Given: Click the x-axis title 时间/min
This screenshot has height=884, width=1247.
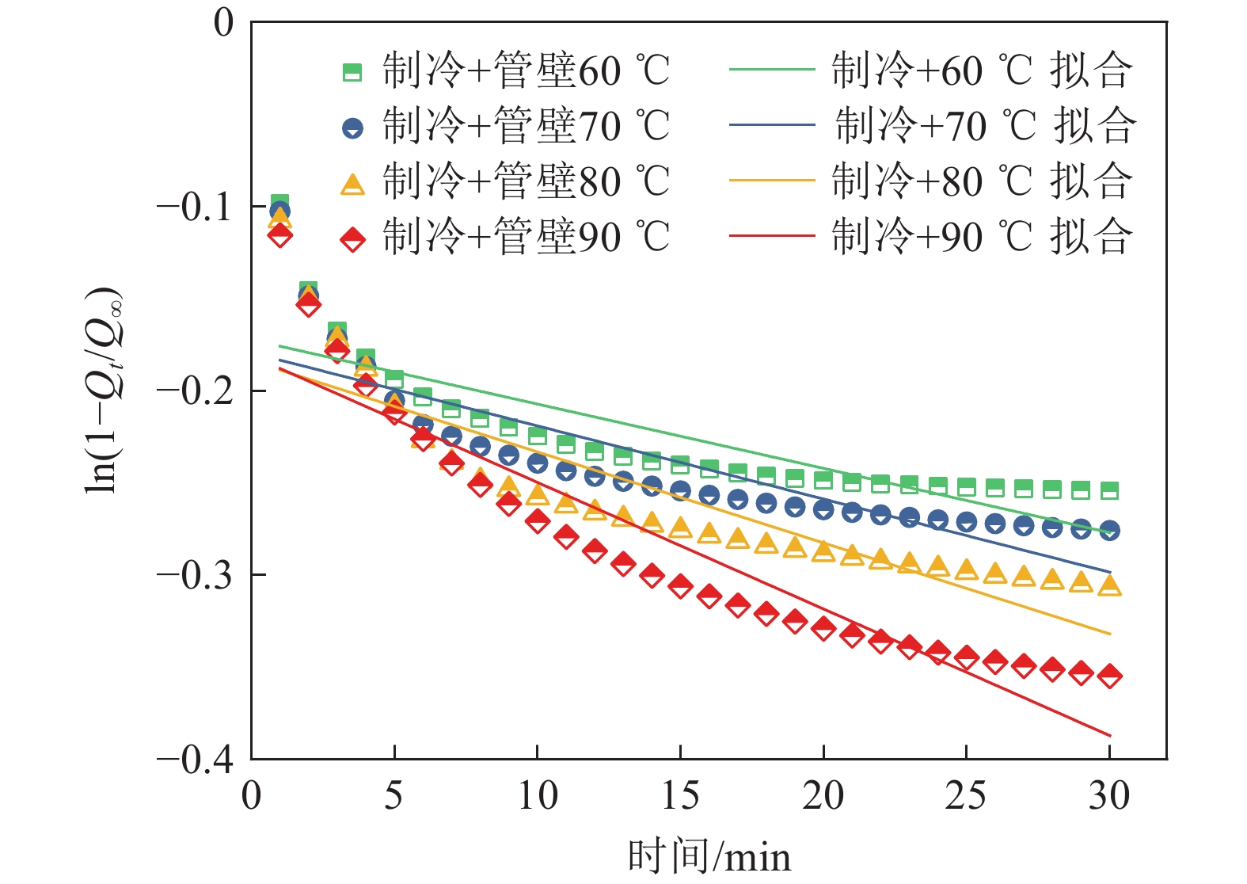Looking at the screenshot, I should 709,857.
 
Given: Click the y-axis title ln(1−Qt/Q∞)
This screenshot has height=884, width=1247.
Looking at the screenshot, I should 104,390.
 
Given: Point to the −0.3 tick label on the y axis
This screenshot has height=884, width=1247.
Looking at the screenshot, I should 195,574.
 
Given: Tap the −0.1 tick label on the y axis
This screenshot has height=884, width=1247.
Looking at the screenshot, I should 195,207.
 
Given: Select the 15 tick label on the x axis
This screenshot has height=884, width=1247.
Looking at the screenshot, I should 680,795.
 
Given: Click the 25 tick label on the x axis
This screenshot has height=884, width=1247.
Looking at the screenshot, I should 966,795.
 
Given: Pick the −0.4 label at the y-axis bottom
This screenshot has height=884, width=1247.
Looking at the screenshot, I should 195,760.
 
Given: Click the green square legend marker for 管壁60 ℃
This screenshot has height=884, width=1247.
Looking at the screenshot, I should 352,72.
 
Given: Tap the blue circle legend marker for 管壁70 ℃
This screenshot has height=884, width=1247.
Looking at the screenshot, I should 352,128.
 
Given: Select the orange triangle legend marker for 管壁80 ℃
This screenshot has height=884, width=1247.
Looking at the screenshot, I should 352,184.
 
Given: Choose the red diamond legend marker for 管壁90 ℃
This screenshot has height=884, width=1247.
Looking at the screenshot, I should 352,238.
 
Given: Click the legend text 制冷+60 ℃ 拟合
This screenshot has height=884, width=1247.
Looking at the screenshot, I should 982,71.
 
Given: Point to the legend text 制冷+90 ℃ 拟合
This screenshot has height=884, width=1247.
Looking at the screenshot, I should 982,237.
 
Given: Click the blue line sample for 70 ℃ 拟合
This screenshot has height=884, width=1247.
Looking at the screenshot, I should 772,125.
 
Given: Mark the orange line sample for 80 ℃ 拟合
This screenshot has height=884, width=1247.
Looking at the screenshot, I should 772,181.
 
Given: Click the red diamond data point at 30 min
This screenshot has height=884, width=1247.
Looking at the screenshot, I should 1109,676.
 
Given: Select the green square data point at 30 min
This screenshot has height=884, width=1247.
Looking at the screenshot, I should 1109,491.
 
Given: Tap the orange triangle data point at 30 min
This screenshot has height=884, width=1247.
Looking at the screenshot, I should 1109,585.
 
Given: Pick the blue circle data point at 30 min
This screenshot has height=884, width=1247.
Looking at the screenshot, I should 1109,530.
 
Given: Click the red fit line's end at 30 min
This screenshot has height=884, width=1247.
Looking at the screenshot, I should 1109,736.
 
